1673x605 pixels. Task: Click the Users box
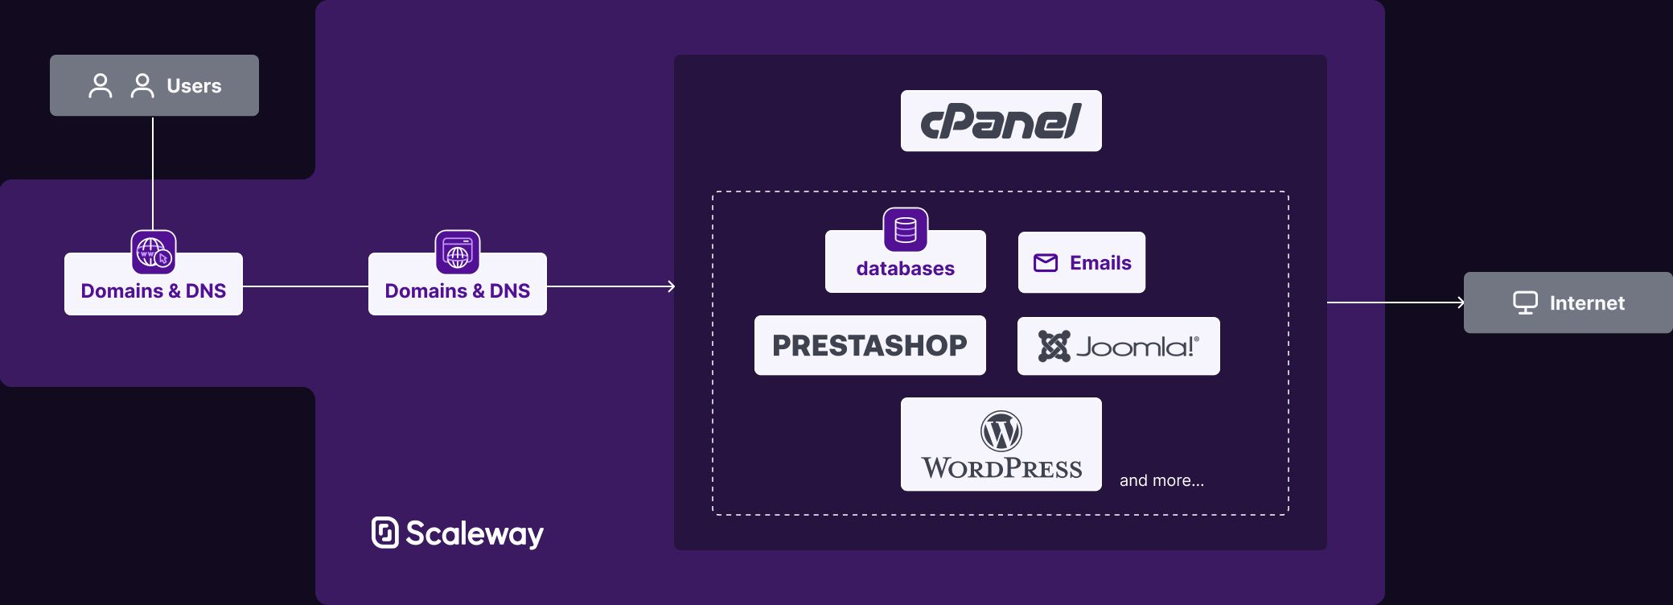coord(154,85)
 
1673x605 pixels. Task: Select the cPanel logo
coord(1001,121)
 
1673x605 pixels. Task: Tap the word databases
coord(905,269)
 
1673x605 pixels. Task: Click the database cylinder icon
coord(905,230)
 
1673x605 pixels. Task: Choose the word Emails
coord(1100,263)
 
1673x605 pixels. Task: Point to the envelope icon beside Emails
coord(1045,263)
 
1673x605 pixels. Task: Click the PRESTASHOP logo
coord(869,346)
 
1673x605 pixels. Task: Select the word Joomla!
coord(1137,347)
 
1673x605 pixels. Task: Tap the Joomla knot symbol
coord(1054,347)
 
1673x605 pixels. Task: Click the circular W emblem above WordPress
coord(1001,431)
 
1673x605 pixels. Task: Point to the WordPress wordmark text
coord(1001,468)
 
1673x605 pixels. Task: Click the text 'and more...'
coord(1161,480)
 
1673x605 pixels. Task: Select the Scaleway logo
coord(457,533)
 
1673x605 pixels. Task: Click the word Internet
coord(1586,303)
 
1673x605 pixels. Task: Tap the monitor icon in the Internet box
coord(1525,302)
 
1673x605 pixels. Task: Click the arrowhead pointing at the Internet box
coord(1461,302)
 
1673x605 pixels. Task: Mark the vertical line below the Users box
coord(153,173)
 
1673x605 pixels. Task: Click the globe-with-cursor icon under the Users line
coord(154,252)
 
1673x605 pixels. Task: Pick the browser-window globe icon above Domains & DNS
coord(458,252)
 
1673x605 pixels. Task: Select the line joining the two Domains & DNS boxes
coord(306,286)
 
